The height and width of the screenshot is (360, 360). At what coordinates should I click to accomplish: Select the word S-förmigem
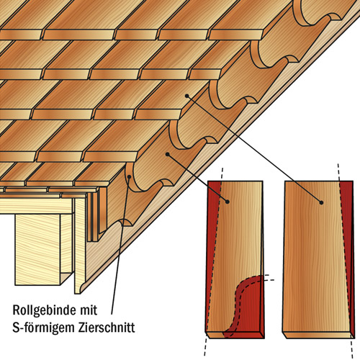coord(43,328)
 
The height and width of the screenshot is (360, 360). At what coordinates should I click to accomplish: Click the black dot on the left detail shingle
coord(228,202)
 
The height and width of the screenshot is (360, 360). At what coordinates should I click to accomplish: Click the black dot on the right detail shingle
coord(321,202)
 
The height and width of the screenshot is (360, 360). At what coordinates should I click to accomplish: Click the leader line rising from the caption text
coord(120,246)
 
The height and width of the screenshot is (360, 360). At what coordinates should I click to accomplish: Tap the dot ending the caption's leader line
coord(130,177)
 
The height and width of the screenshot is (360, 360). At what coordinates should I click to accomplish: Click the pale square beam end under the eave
coord(37,250)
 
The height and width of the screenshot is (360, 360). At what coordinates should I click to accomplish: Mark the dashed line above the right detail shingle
coord(338,172)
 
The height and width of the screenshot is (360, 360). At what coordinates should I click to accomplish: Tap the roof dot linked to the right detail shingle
coord(186,96)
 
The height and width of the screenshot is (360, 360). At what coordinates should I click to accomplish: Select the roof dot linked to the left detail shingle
coord(168,154)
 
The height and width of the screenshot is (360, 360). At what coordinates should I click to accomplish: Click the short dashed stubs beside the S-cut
coord(269,277)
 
